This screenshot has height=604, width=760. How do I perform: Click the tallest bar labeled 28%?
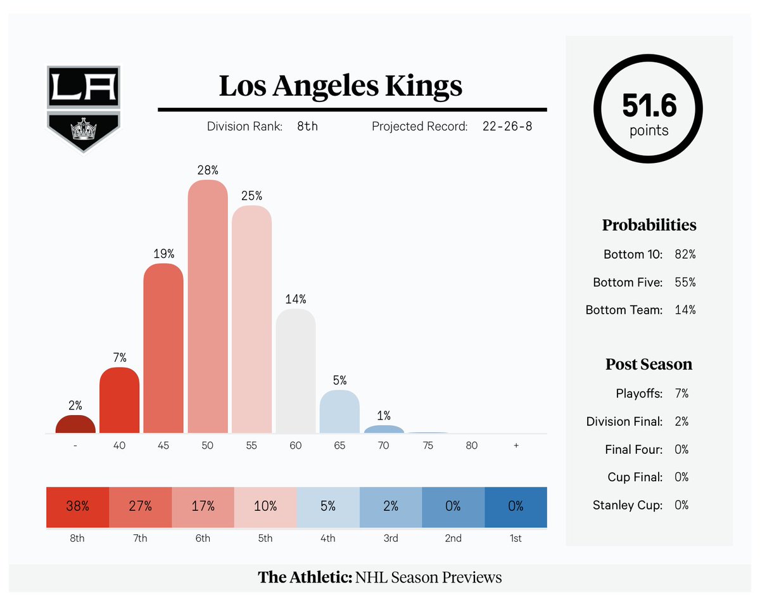pyautogui.click(x=208, y=306)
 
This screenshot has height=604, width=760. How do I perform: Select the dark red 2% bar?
pyautogui.click(x=75, y=424)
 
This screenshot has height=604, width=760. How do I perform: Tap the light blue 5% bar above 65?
pyautogui.click(x=339, y=411)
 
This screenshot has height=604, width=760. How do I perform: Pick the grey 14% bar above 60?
pyautogui.click(x=296, y=371)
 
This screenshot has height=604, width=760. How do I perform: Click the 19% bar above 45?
pyautogui.click(x=163, y=348)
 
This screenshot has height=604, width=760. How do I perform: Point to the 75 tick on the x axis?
pyautogui.click(x=427, y=446)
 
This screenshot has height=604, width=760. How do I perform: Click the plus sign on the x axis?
pyautogui.click(x=516, y=446)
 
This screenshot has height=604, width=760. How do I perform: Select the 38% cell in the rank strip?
pyautogui.click(x=78, y=507)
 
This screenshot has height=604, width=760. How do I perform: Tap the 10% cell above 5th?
pyautogui.click(x=265, y=507)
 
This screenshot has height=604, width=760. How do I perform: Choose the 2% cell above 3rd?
pyautogui.click(x=391, y=507)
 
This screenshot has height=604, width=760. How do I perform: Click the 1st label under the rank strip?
pyautogui.click(x=516, y=538)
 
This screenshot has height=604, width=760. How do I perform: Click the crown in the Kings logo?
pyautogui.click(x=84, y=129)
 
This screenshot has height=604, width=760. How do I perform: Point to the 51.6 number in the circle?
pyautogui.click(x=649, y=105)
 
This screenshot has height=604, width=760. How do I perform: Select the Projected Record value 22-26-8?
pyautogui.click(x=507, y=126)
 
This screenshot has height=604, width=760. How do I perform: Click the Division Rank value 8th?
pyautogui.click(x=307, y=126)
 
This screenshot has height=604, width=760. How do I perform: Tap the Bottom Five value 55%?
pyautogui.click(x=685, y=282)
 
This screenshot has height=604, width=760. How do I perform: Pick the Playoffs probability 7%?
pyautogui.click(x=681, y=394)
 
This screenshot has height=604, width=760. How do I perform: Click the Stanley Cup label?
pyautogui.click(x=628, y=505)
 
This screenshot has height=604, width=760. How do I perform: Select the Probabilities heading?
pyautogui.click(x=649, y=225)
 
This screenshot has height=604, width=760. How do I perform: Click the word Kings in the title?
pyautogui.click(x=424, y=86)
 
